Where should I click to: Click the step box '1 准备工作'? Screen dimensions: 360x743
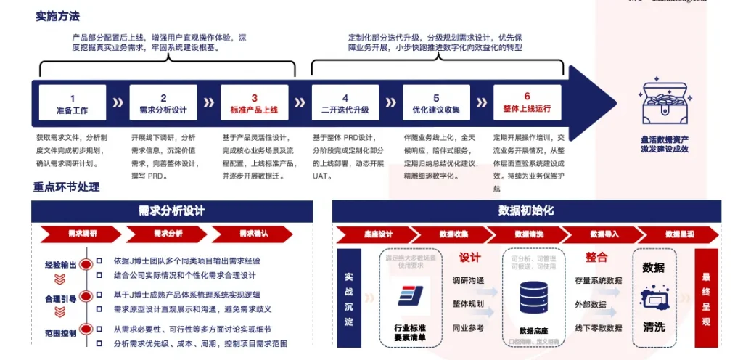tap(72, 104)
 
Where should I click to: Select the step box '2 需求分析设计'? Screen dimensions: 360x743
tap(163, 104)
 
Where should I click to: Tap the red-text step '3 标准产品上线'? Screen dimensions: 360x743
tap(254, 104)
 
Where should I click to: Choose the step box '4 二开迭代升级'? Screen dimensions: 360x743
tap(345, 104)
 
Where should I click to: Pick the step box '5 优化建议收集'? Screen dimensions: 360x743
tap(435, 104)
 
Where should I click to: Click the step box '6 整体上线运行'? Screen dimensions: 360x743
tap(527, 104)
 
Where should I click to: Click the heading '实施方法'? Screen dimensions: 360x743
tap(57, 16)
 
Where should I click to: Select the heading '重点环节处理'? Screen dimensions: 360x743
tap(66, 187)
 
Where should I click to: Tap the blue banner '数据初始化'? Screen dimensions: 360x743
tap(526, 210)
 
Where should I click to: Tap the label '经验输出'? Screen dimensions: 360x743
tap(59, 266)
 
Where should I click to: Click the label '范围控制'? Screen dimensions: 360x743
tap(59, 333)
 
